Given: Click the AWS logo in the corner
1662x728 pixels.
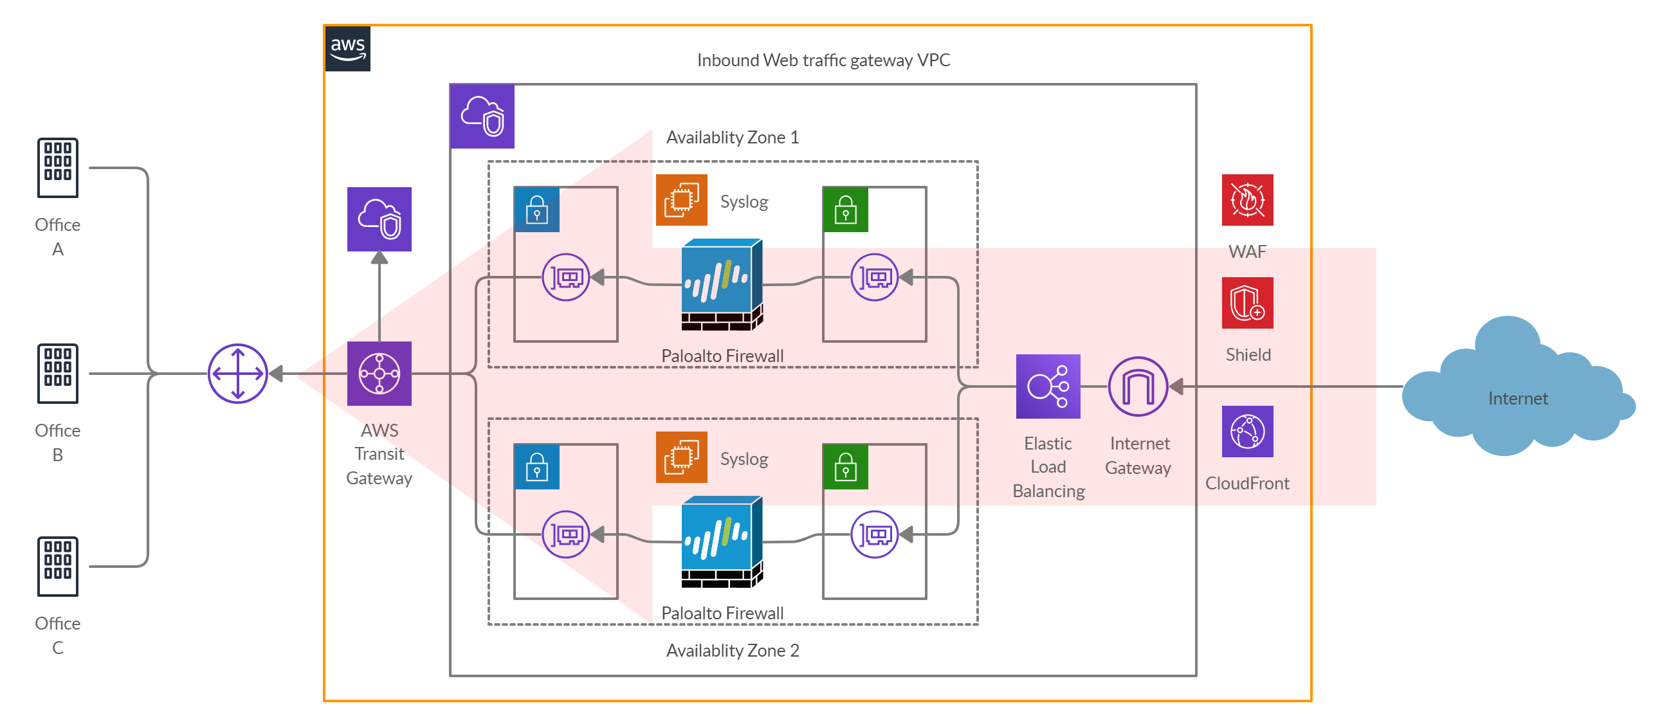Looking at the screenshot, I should click(348, 48).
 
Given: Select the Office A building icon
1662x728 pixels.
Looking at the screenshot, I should click(57, 167).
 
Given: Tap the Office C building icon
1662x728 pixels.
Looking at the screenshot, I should click(57, 566).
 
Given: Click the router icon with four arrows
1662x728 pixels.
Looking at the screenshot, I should click(237, 373).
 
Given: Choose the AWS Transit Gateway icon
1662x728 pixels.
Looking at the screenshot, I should click(379, 373).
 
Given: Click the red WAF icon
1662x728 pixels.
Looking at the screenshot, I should click(1246, 199).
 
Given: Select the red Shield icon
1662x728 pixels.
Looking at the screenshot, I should click(1246, 303).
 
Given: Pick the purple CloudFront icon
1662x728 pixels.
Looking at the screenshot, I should click(1246, 431).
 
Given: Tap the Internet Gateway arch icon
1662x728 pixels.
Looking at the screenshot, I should click(1137, 386).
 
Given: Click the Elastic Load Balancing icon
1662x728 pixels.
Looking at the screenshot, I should click(1047, 386).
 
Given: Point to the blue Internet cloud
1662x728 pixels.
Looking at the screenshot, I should click(1517, 387).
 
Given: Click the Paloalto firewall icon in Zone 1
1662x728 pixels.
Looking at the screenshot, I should click(722, 285).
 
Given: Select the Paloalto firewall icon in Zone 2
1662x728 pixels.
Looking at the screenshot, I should click(722, 541).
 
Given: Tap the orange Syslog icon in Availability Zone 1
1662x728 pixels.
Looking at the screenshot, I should click(680, 199).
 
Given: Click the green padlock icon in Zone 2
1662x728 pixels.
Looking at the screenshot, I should click(845, 466).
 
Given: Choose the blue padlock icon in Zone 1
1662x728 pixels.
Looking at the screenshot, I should click(536, 209).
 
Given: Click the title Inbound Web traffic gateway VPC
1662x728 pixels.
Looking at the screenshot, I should click(823, 60).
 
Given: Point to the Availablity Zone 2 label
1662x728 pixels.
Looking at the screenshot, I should click(732, 650).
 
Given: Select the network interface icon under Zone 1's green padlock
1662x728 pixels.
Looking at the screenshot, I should click(873, 277).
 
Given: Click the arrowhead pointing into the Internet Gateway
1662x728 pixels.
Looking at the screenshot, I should click(1176, 386).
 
